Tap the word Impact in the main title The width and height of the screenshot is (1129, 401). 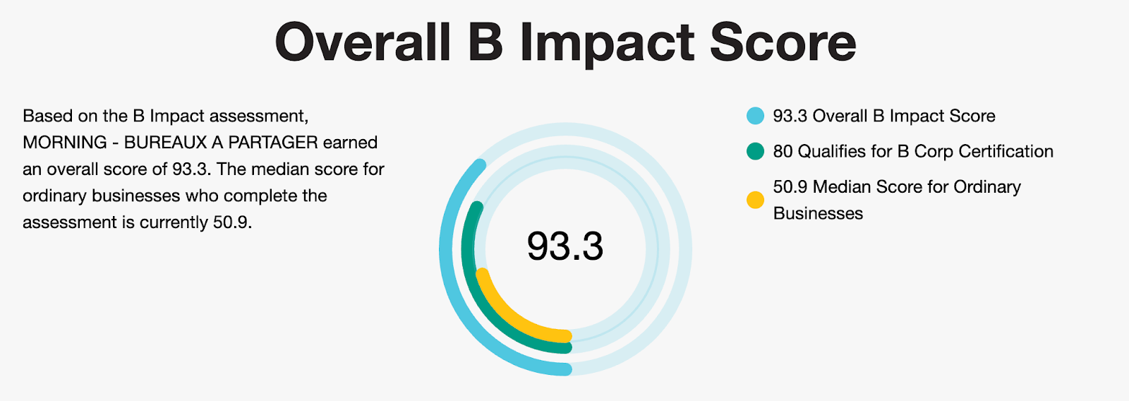coord(608,43)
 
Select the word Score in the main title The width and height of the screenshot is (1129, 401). coord(783,43)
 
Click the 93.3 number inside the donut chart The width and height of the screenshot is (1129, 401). coord(564,246)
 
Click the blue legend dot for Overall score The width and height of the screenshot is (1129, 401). coord(755,116)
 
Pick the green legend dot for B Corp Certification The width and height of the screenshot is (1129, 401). coord(755,151)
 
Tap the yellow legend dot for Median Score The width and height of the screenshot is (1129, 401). coord(755,200)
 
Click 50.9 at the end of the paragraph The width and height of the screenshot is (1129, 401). coord(231,222)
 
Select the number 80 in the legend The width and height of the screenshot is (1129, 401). coord(783,151)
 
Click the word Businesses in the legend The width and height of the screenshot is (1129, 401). coord(818,213)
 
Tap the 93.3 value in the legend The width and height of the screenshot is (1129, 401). coord(790,116)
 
